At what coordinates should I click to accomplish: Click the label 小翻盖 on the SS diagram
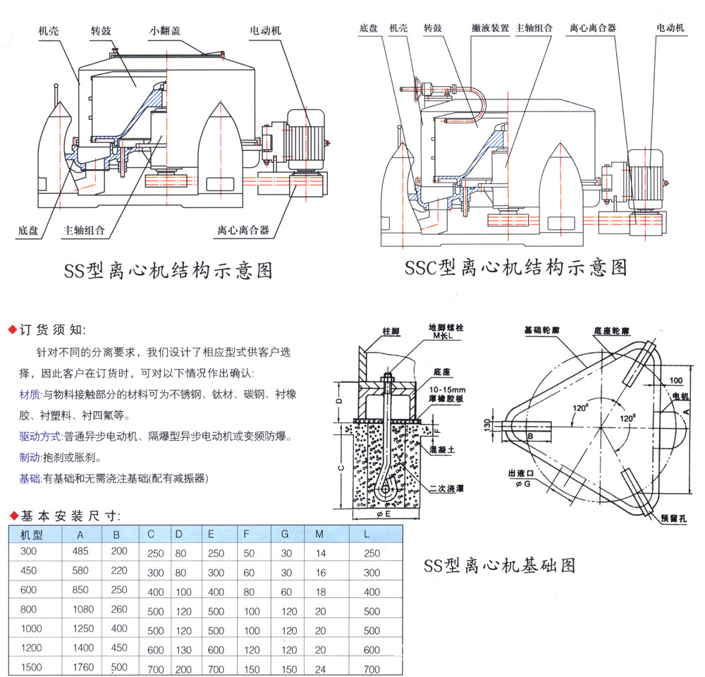pos(167,32)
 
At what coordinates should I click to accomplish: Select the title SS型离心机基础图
pos(500,565)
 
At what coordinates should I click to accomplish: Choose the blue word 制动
pos(30,457)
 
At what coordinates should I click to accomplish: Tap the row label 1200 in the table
pos(31,648)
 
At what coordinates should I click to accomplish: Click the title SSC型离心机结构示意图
pos(515,267)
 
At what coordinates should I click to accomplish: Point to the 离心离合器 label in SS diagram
pos(244,230)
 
